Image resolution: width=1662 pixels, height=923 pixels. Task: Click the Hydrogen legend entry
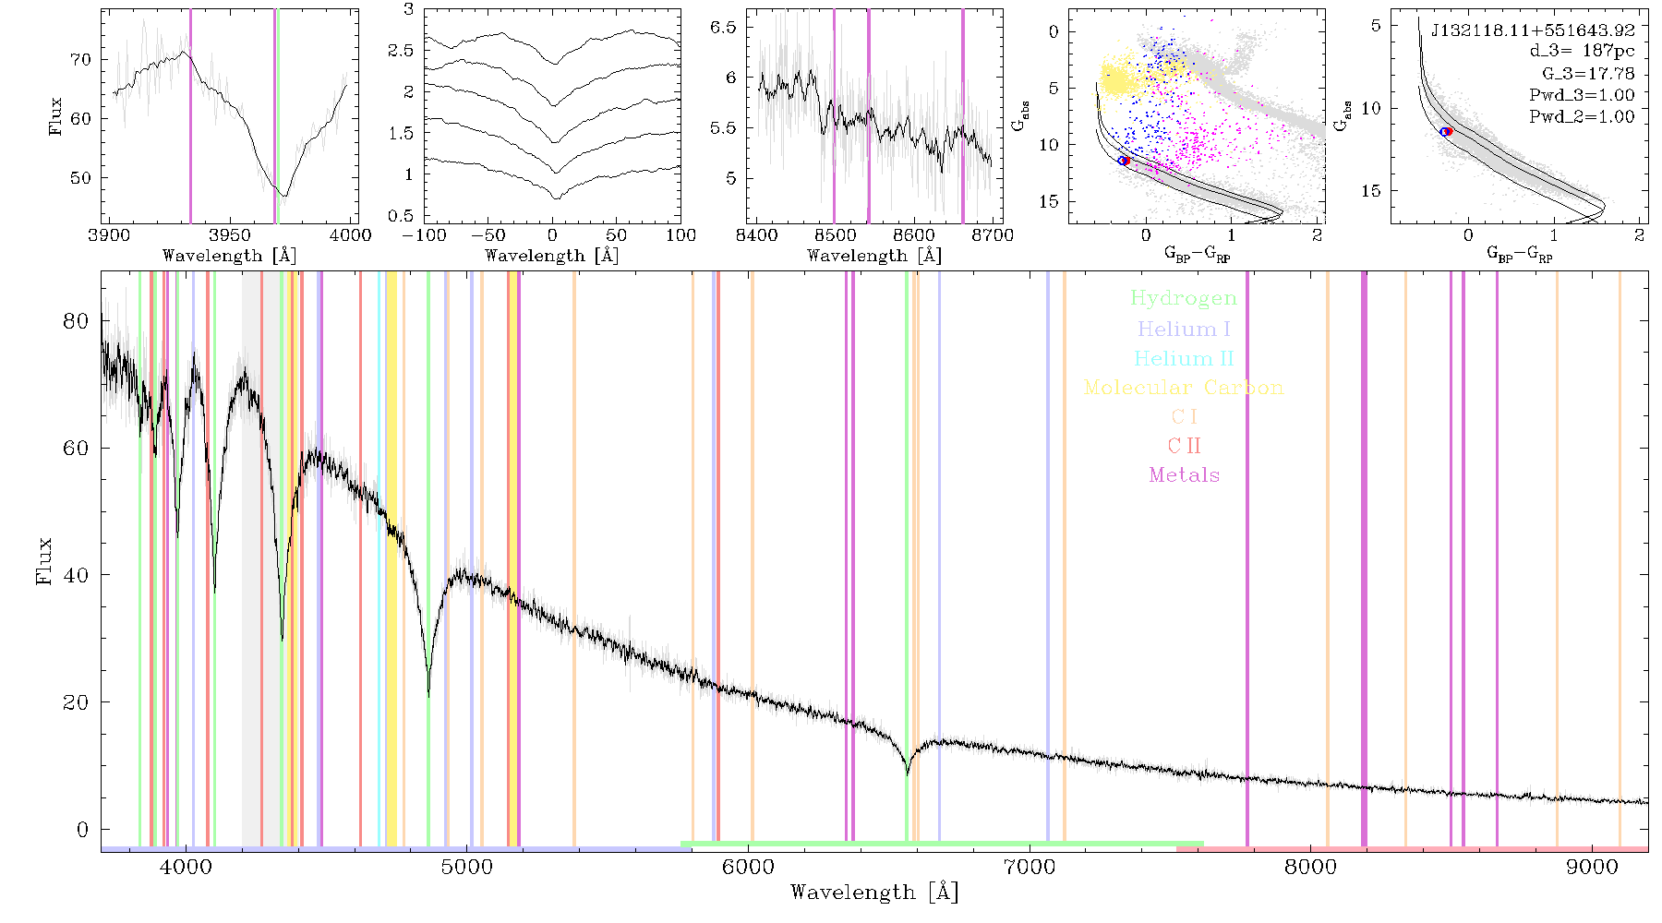pyautogui.click(x=1183, y=299)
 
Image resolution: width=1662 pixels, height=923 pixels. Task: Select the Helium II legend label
pyautogui.click(x=1184, y=358)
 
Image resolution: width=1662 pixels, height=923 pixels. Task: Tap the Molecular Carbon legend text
pyautogui.click(x=1184, y=388)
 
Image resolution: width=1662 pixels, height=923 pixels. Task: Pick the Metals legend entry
pyautogui.click(x=1184, y=475)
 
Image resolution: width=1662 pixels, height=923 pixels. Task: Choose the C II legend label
pyautogui.click(x=1184, y=446)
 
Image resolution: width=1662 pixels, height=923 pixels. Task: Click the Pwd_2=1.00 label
pyautogui.click(x=1582, y=117)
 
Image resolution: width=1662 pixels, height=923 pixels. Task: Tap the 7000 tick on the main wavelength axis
pyautogui.click(x=1029, y=867)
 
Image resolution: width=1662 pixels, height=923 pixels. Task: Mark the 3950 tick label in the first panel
pyautogui.click(x=229, y=235)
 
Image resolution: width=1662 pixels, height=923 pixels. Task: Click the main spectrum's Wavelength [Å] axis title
pyautogui.click(x=874, y=893)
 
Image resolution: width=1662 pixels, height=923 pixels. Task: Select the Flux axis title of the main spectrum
pyautogui.click(x=43, y=561)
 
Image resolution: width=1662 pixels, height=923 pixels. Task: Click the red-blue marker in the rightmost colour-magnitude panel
pyautogui.click(x=1447, y=132)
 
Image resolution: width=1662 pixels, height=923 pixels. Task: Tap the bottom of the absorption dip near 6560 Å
pyautogui.click(x=907, y=773)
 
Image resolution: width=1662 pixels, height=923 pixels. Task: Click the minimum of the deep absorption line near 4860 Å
pyautogui.click(x=428, y=694)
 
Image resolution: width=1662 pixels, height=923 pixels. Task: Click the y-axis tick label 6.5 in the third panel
pyautogui.click(x=723, y=27)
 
